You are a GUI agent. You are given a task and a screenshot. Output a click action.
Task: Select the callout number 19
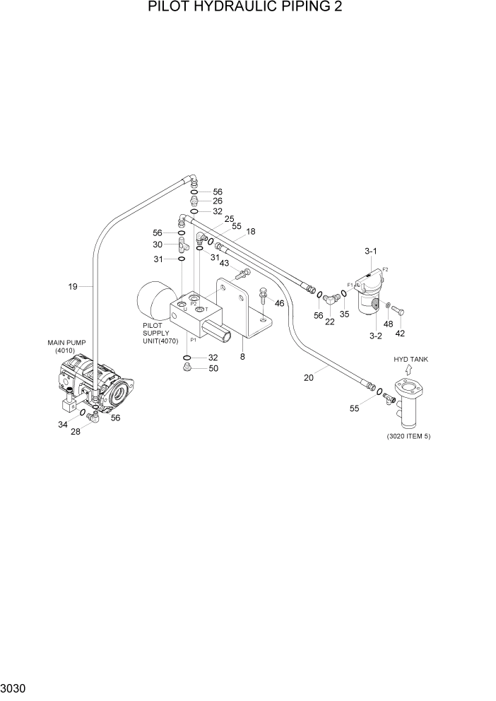[x=73, y=286]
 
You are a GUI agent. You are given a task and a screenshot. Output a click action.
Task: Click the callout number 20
[x=309, y=378]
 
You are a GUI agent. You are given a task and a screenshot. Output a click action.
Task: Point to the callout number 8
[x=242, y=357]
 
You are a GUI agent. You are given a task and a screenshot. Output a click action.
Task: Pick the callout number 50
[x=213, y=368]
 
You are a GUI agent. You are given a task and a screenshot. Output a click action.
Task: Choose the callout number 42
[x=400, y=333]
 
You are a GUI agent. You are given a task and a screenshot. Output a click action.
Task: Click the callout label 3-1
[x=371, y=251]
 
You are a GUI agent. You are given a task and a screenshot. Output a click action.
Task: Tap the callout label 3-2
[x=375, y=336]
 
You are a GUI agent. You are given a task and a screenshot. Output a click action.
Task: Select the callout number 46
[x=280, y=303]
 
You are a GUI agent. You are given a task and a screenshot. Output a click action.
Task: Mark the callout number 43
[x=224, y=264]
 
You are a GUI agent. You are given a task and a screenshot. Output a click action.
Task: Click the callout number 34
[x=63, y=425]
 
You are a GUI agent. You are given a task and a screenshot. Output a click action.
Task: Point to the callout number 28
[x=76, y=432]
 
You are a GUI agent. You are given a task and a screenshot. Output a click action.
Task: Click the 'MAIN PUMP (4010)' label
[x=66, y=346]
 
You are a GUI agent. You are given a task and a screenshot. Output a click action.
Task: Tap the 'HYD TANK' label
[x=411, y=359]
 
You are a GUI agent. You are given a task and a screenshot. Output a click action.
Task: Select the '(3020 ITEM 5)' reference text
[x=408, y=436]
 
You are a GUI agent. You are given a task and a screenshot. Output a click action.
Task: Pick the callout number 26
[x=218, y=201]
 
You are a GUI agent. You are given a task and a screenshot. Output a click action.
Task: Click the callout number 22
[x=330, y=322]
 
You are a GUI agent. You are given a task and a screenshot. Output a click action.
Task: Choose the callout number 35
[x=344, y=314]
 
